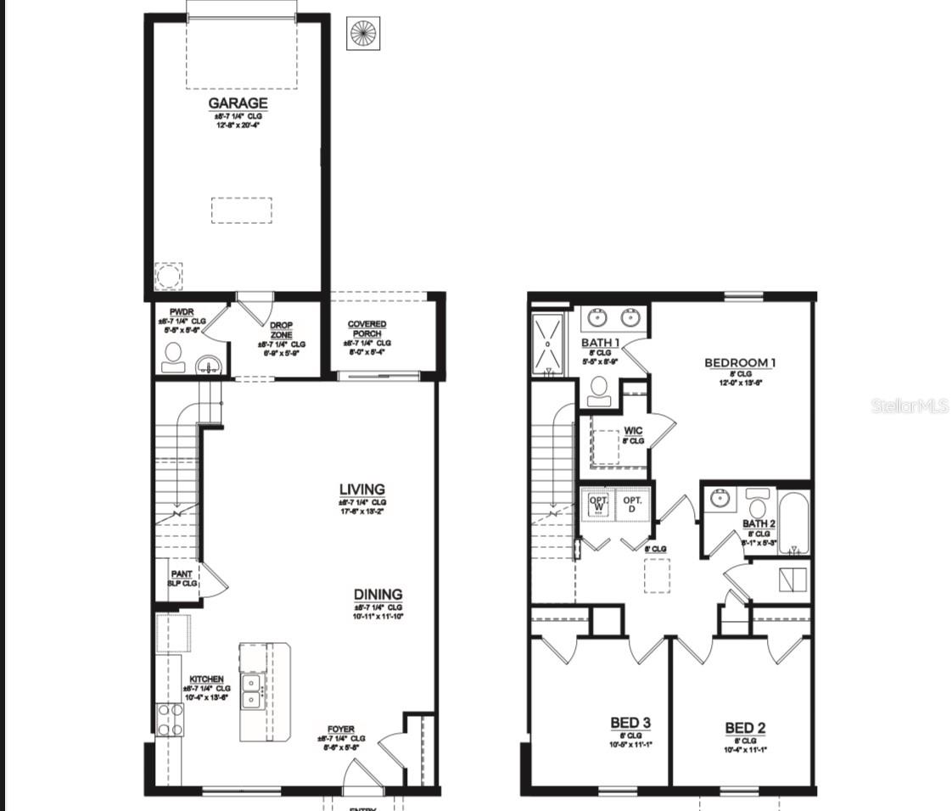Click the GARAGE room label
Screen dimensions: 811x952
(x=238, y=103)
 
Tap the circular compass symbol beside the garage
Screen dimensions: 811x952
(x=362, y=34)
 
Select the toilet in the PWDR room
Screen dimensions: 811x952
(x=174, y=357)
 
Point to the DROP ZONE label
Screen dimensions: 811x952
(x=281, y=330)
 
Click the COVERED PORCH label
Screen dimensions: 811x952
(x=367, y=329)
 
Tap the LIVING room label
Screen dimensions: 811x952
(x=362, y=489)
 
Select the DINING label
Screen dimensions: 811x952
(x=378, y=595)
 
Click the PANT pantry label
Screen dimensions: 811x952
(x=182, y=574)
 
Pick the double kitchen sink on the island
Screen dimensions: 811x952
(x=252, y=691)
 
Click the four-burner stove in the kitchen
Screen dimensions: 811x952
(x=169, y=719)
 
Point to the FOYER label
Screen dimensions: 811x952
(x=341, y=730)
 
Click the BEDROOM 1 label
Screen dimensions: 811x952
(x=740, y=363)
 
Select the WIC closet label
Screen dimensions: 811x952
(x=633, y=431)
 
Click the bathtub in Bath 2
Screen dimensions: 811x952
(x=794, y=523)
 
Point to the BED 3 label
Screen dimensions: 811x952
(x=630, y=723)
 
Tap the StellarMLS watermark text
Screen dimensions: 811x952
(x=910, y=406)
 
